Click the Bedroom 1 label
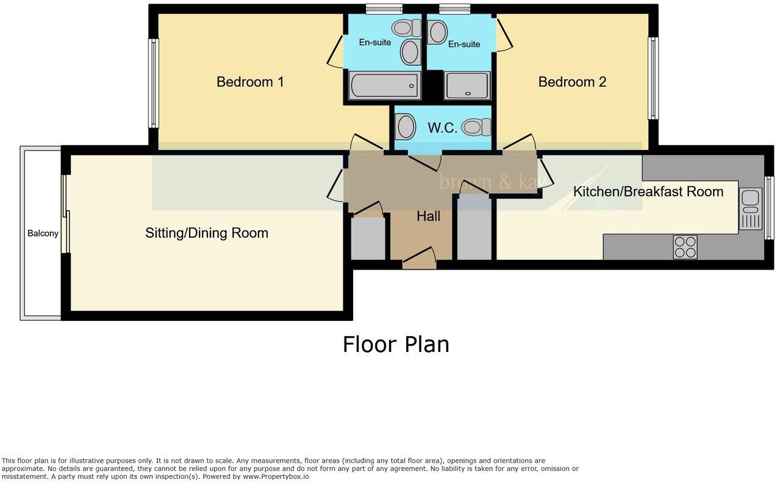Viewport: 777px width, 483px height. coord(250,82)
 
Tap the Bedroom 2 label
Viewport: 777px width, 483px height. coord(571,82)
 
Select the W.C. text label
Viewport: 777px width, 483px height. coord(442,128)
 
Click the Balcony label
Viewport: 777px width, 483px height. coord(43,234)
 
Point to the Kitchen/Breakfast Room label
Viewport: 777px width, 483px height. coord(648,191)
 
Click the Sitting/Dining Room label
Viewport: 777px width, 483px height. coord(207,233)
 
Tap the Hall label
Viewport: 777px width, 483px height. coord(428,216)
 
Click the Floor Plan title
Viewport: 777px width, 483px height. coord(395,345)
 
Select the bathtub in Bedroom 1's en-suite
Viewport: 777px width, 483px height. coord(384,85)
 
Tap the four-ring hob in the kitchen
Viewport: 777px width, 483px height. coord(685,247)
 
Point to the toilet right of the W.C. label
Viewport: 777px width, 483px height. coord(476,127)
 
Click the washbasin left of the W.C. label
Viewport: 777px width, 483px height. coord(406,127)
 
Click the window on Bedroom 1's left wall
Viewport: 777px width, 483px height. coord(154,84)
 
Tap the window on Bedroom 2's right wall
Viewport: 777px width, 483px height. coord(653,78)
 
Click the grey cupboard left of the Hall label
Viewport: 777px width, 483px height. coord(368,238)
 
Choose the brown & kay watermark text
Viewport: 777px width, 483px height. coord(491,181)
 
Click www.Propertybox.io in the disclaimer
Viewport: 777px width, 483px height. coord(276,477)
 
